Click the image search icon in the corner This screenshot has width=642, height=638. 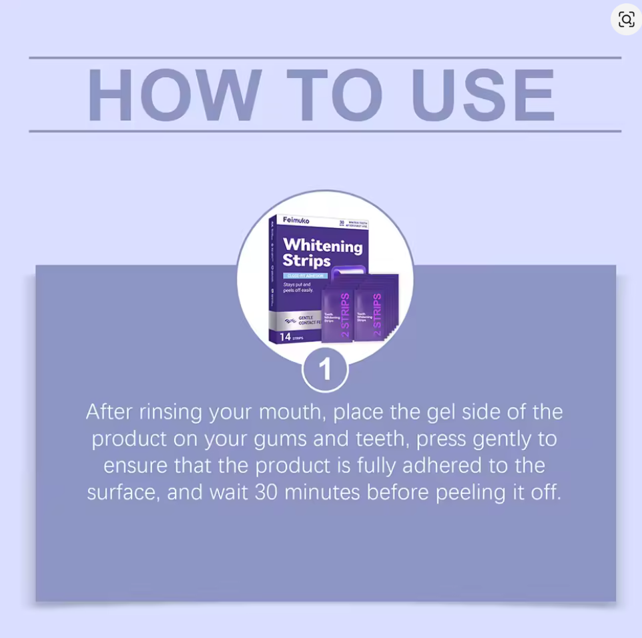[x=626, y=19]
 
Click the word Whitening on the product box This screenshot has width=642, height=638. [x=322, y=245]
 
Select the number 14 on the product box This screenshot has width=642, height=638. [x=285, y=337]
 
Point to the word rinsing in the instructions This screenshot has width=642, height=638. [x=171, y=412]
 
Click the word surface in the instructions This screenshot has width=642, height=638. [x=123, y=493]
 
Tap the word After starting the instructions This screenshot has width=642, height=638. [x=110, y=412]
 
